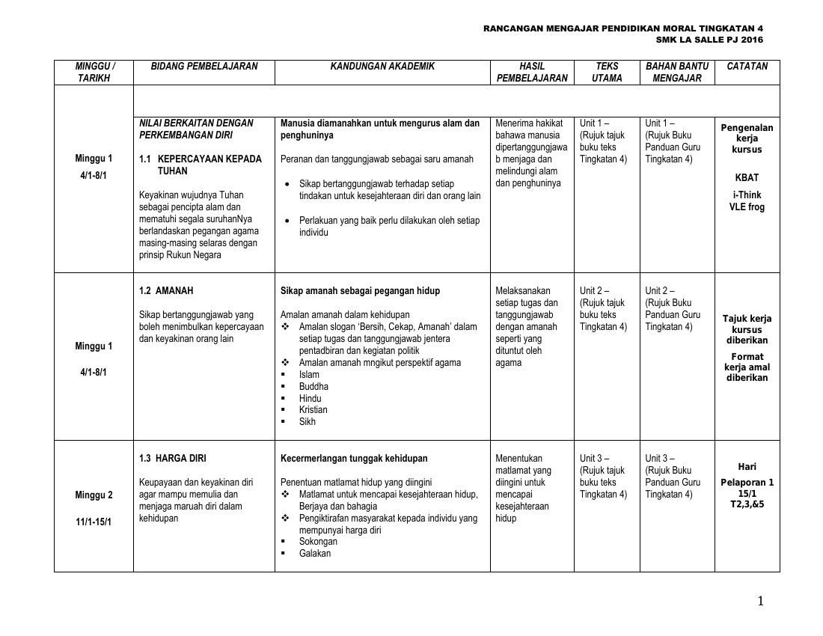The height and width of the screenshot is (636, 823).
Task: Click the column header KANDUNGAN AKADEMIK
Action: (x=382, y=67)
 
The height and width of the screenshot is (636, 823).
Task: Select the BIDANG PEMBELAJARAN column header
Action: (x=204, y=67)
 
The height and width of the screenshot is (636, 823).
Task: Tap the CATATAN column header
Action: (x=747, y=67)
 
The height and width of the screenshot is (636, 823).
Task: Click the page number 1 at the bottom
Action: (x=760, y=602)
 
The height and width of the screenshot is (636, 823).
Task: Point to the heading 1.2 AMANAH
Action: (x=171, y=291)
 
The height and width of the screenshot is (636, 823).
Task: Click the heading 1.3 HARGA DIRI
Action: (x=173, y=459)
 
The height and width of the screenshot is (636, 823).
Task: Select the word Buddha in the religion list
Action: (x=313, y=387)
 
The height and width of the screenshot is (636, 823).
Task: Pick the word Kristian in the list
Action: (x=313, y=410)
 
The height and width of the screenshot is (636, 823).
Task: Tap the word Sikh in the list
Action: (x=308, y=422)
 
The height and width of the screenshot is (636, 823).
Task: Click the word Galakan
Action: (x=315, y=554)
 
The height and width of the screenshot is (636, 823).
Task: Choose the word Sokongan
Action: (x=318, y=542)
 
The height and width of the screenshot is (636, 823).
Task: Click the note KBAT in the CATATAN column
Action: (x=747, y=178)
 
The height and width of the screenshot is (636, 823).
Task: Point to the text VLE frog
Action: (x=747, y=207)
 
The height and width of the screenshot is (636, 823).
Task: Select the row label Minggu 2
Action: (x=94, y=495)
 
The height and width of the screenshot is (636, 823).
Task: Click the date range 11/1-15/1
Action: (x=94, y=522)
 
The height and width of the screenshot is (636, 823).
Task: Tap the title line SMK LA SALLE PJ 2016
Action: (x=709, y=40)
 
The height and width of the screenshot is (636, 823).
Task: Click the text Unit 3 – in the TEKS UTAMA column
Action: (x=594, y=459)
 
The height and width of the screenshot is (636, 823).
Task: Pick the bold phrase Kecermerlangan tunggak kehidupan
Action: (x=354, y=459)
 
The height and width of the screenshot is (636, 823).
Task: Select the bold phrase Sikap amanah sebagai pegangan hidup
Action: (x=360, y=291)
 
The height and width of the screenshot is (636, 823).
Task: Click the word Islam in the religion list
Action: (x=309, y=375)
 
